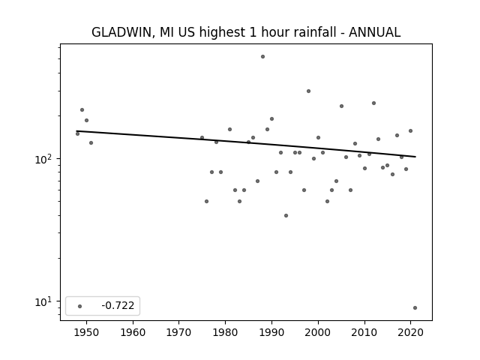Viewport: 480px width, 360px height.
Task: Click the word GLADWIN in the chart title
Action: tap(121, 32)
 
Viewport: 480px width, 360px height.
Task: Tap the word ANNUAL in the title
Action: tap(374, 32)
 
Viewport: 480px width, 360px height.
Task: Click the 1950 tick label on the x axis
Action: tap(86, 332)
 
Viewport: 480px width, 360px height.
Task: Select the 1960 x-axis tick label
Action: tap(133, 332)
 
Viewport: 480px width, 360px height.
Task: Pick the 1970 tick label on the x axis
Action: tap(178, 332)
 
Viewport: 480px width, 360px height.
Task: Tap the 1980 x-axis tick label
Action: tap(225, 332)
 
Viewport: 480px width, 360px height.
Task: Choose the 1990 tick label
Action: tap(271, 332)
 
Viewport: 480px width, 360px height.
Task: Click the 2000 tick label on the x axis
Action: tap(318, 332)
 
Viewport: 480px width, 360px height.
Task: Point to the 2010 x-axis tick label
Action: tap(364, 332)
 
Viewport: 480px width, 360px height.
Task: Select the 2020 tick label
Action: tap(411, 332)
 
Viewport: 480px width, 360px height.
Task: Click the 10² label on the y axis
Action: tap(44, 159)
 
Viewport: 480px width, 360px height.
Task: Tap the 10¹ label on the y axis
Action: tap(44, 301)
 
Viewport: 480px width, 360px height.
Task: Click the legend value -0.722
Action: tap(118, 305)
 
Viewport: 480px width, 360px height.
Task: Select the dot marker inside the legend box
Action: tap(80, 306)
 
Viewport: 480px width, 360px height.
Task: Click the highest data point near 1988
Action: tap(262, 57)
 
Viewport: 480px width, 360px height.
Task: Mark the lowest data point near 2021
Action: tap(415, 308)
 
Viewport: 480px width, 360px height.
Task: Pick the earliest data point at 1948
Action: tap(77, 133)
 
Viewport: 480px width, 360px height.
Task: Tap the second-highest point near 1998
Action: tap(308, 91)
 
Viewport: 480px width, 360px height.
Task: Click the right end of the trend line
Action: tap(415, 157)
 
